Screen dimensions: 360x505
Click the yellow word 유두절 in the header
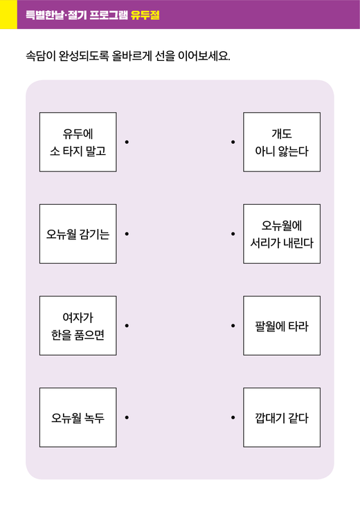pos(145,15)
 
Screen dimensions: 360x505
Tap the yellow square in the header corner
pos(8,15)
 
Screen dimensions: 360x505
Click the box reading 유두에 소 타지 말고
pos(78,142)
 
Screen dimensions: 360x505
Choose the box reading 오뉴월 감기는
pos(78,234)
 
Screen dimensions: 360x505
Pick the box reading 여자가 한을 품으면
pos(78,326)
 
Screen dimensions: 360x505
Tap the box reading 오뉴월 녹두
pos(78,417)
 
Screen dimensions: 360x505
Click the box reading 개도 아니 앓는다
pos(282,142)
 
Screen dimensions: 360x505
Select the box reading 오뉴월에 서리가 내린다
pos(282,234)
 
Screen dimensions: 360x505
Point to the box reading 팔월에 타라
pos(282,326)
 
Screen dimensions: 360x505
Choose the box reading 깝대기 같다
pos(282,417)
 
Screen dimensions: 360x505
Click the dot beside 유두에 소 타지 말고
pos(127,142)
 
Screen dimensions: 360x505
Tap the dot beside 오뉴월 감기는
pos(127,234)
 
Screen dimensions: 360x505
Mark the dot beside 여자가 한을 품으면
pos(127,326)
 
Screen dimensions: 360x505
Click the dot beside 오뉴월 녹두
pos(127,417)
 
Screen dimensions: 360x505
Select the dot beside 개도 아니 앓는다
pos(233,142)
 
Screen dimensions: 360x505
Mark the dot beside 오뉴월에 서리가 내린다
pos(233,234)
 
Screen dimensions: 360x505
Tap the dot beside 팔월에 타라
pos(233,326)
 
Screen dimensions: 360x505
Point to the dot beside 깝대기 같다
pos(233,417)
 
